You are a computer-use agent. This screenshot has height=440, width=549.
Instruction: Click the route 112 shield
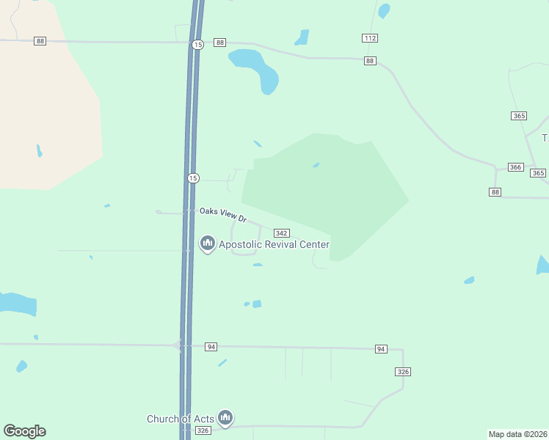coord(370,37)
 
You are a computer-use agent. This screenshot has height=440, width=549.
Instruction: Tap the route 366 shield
coord(515,167)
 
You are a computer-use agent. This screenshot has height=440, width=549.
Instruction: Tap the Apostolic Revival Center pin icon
coord(207,243)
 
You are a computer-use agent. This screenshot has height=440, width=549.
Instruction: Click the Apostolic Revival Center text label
coord(274,244)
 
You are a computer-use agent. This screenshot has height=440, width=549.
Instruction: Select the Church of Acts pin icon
coord(225,418)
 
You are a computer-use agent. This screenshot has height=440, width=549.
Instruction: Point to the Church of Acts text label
coord(181,419)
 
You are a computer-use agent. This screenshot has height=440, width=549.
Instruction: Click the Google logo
coord(25,431)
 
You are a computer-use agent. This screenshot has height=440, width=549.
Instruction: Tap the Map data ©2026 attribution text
coord(517,434)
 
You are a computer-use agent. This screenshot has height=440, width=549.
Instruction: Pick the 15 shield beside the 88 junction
coord(197,45)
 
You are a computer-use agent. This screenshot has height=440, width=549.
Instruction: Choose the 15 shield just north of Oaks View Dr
coord(192,178)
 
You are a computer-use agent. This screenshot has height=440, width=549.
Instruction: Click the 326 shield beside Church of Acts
coord(203,430)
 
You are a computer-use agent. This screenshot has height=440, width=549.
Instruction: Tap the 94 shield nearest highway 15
coord(211,346)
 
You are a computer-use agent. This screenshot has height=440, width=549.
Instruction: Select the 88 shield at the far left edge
coord(40,41)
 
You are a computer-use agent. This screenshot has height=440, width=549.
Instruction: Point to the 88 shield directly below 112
coord(370,61)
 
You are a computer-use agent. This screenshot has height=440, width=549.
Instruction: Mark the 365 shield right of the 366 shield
coord(539,173)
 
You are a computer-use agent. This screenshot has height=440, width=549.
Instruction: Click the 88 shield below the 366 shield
coord(495,191)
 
